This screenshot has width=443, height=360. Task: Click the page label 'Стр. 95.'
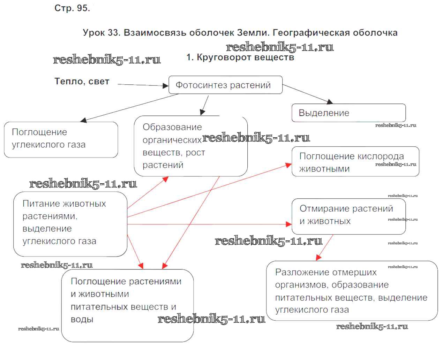click(x=72, y=8)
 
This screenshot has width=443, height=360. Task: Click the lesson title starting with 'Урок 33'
click(x=240, y=33)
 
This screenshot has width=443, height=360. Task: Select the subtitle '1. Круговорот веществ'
click(x=240, y=58)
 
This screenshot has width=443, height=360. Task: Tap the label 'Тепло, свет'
click(x=82, y=82)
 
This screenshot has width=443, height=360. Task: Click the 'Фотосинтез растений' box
click(x=225, y=85)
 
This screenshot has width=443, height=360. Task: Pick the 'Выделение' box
click(x=348, y=113)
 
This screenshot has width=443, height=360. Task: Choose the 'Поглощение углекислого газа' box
click(x=61, y=139)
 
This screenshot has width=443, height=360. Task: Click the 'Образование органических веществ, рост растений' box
click(x=190, y=146)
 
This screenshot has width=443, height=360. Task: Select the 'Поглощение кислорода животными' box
click(x=355, y=162)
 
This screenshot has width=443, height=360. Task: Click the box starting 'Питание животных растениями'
click(x=70, y=224)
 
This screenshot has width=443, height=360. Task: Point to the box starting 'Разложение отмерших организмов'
click(x=352, y=291)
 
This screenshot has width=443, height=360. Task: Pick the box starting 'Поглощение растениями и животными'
click(x=127, y=305)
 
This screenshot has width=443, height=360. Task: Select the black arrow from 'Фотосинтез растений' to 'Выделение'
click(x=307, y=94)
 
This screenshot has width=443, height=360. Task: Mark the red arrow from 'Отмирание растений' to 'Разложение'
click(x=325, y=247)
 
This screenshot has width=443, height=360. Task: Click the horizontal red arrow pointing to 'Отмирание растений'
click(x=209, y=224)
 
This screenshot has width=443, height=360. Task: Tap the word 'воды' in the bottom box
click(x=82, y=320)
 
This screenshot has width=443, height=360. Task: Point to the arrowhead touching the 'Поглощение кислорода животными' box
click(x=288, y=165)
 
